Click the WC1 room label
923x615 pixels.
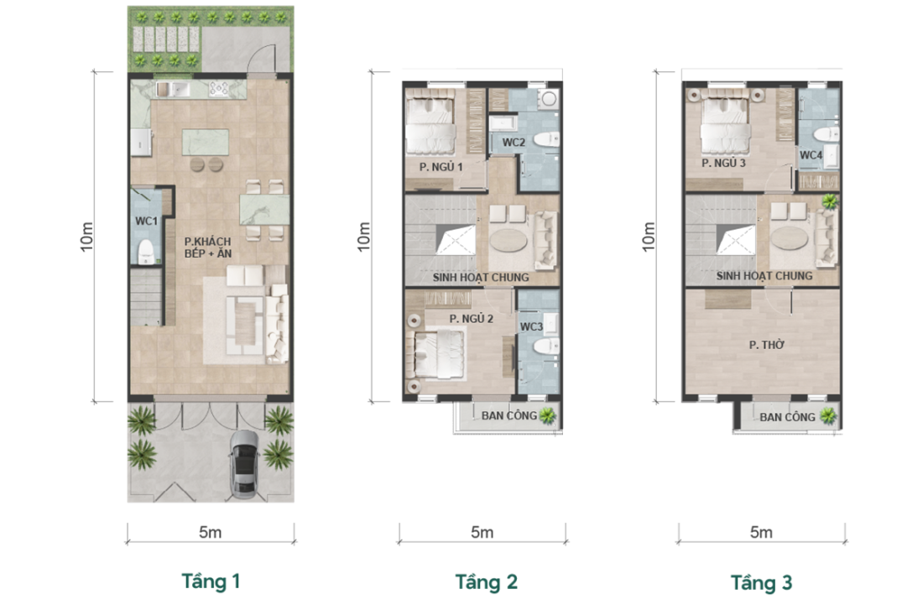(147, 222)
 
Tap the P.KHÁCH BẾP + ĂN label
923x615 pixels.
(208, 248)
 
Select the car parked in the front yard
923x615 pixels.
(243, 464)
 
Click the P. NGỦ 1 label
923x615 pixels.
(441, 167)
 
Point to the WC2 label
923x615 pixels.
(514, 143)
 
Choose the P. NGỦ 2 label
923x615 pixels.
(471, 318)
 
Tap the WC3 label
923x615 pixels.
(531, 326)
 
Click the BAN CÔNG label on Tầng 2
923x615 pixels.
(509, 415)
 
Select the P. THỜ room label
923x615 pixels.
(766, 345)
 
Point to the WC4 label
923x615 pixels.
(811, 155)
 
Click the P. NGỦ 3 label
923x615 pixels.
(723, 163)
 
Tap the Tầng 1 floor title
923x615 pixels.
(211, 581)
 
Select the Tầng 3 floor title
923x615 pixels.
(761, 582)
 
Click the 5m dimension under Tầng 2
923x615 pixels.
(482, 533)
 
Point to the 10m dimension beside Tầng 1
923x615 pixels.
(87, 237)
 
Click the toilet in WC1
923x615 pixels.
(145, 252)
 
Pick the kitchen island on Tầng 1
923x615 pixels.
(206, 143)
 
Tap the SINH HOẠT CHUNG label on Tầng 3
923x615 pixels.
(764, 276)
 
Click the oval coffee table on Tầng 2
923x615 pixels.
(510, 240)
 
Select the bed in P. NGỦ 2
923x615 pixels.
(439, 353)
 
